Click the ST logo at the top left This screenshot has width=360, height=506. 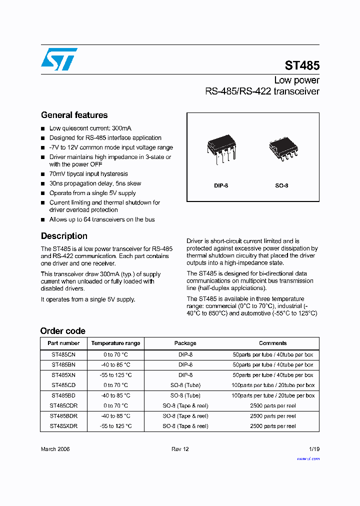(59, 59)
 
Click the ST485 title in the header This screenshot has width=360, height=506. (302, 65)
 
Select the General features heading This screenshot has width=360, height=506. (74, 115)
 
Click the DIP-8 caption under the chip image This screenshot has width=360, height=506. (221, 185)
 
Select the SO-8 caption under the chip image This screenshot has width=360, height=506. (281, 185)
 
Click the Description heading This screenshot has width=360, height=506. (64, 236)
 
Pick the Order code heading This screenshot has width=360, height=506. (62, 331)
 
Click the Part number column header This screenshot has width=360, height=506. (63, 343)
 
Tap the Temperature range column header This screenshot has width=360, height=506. (115, 343)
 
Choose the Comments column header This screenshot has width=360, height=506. (272, 343)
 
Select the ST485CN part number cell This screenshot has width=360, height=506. (63, 354)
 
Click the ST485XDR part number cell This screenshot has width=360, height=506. (63, 426)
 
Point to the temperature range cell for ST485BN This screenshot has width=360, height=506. (115, 364)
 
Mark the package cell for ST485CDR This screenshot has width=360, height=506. (185, 405)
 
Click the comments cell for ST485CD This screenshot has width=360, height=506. (272, 385)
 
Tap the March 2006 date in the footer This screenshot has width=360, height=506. (55, 449)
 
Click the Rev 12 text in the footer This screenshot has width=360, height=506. (180, 449)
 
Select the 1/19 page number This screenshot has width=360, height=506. (313, 449)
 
